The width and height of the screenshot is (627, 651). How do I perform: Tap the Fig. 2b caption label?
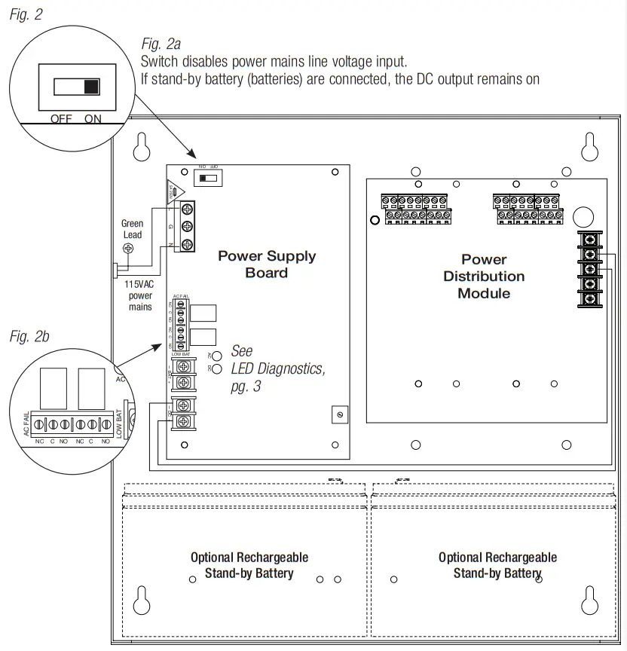click(x=29, y=337)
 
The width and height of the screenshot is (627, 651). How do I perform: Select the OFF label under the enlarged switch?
click(x=61, y=119)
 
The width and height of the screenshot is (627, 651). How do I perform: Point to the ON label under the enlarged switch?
click(x=92, y=119)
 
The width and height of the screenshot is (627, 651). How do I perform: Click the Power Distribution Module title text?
click(x=484, y=277)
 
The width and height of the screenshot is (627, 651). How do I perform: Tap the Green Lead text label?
click(x=132, y=229)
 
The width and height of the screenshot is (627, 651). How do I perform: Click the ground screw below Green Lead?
click(x=129, y=248)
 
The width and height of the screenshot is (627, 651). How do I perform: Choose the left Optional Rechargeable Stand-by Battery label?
click(x=249, y=565)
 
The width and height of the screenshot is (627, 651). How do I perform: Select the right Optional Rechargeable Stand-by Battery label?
click(x=497, y=565)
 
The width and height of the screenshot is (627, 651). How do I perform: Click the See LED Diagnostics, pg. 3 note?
click(x=277, y=368)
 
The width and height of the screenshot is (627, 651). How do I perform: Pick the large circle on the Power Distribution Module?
click(x=583, y=217)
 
